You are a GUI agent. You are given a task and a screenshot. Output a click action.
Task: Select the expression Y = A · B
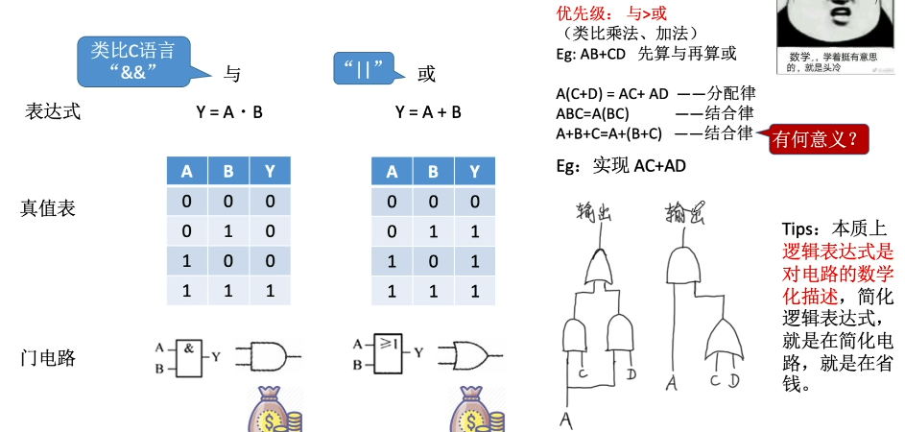[x=229, y=112]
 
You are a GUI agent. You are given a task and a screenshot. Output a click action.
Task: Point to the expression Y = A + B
[x=428, y=112]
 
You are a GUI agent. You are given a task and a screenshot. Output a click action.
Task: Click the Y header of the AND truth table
[x=271, y=172]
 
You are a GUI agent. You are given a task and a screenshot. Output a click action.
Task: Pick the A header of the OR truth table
[x=392, y=173]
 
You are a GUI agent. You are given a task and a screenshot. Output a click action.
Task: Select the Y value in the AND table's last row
[x=271, y=291]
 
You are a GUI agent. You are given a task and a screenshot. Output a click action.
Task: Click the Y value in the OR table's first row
[x=474, y=202]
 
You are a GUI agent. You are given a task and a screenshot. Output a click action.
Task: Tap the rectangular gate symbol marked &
[x=189, y=355]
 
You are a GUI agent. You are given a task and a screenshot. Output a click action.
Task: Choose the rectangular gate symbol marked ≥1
[x=389, y=355]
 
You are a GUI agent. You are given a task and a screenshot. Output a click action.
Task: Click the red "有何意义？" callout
[x=819, y=140]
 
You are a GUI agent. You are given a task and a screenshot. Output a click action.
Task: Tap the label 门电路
[x=48, y=359]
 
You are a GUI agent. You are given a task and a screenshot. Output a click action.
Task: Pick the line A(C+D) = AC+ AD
[x=611, y=94]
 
